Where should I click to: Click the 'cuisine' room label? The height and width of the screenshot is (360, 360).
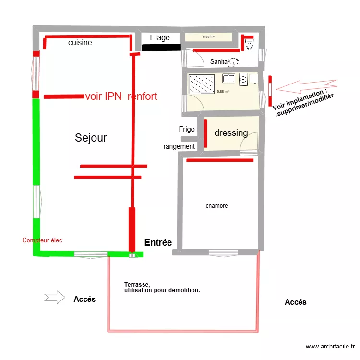[x=80, y=43]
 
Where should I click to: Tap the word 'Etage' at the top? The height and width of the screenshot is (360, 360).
[x=160, y=38]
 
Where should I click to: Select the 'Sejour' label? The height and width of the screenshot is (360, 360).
[x=91, y=138]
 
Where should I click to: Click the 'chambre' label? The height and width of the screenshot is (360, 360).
[x=216, y=206]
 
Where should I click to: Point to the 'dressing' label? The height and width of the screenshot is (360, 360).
[x=231, y=133]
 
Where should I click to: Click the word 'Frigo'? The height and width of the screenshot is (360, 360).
[x=187, y=129]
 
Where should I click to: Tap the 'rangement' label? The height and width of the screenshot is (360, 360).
[x=179, y=146]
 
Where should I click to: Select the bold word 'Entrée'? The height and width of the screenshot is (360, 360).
[x=158, y=243]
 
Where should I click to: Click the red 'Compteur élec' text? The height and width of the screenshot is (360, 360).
[x=42, y=240]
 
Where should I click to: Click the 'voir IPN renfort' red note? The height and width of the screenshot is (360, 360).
[x=121, y=96]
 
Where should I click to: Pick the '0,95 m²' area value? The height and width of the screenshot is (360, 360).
[x=208, y=36]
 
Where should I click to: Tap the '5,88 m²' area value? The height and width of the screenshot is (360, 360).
[x=223, y=92]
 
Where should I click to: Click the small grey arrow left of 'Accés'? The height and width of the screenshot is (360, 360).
[x=54, y=297]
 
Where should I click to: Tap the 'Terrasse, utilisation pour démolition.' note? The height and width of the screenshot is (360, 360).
[x=161, y=288]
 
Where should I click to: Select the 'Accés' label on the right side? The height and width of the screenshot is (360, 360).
[x=295, y=302]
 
